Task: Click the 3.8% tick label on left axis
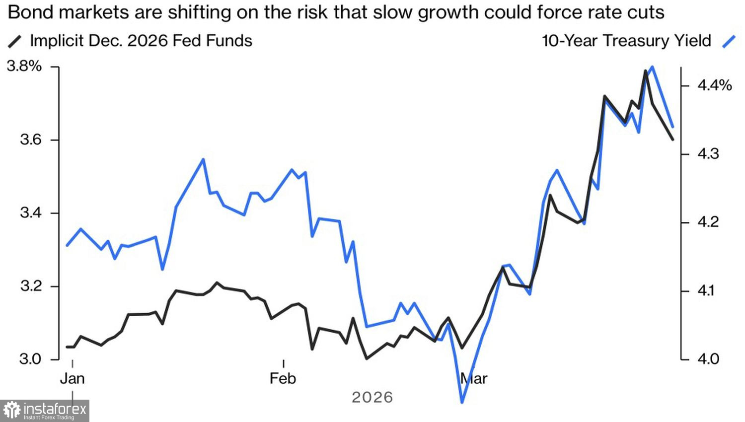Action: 24,66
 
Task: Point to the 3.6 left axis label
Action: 30,140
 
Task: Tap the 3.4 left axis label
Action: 30,213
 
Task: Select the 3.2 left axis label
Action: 30,286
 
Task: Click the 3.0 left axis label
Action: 30,359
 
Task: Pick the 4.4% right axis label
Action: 714,86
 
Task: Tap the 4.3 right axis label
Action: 708,154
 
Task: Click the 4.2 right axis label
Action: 708,222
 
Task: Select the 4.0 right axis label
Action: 708,359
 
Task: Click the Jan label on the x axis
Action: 73,379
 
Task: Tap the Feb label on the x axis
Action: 283,379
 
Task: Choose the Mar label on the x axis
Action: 474,379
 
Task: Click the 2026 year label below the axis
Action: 372,397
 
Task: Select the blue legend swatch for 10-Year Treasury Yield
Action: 729,42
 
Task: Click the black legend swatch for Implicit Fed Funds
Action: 15,42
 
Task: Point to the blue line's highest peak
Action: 652,67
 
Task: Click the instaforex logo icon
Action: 12,411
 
